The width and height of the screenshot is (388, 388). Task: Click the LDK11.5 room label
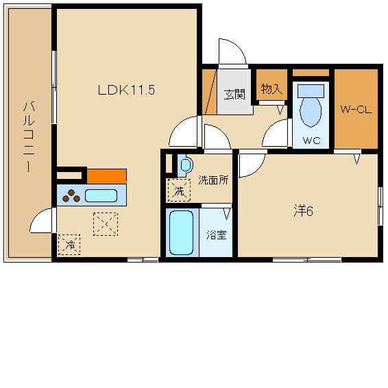click(x=126, y=90)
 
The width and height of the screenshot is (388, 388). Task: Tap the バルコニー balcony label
click(x=29, y=136)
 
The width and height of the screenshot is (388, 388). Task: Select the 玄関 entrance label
click(x=234, y=95)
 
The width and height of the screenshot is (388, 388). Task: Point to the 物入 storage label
click(x=271, y=88)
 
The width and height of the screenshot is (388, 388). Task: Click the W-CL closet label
click(x=356, y=110)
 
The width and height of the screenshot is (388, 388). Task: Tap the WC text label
click(x=311, y=141)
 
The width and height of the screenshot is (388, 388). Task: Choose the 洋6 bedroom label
click(x=304, y=211)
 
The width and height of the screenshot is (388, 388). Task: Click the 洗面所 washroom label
click(x=213, y=180)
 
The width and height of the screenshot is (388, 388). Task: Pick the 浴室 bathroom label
click(x=217, y=234)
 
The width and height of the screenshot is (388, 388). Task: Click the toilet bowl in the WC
click(x=311, y=112)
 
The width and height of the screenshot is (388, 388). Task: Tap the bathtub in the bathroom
click(x=181, y=232)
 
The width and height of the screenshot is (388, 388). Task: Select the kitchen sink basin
click(x=101, y=196)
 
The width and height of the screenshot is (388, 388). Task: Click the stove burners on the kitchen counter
click(x=71, y=196)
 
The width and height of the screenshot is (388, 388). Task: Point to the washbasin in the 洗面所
click(x=186, y=165)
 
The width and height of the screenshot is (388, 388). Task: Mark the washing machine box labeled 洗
click(x=179, y=190)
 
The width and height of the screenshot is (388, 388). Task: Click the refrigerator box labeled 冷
click(x=69, y=245)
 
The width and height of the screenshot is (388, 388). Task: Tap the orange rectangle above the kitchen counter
click(x=107, y=176)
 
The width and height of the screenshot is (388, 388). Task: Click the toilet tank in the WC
click(x=311, y=90)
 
